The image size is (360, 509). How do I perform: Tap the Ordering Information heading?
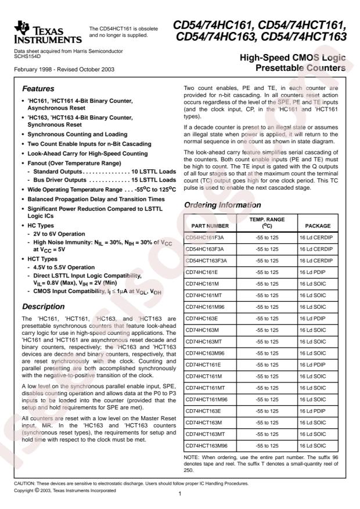[219, 205]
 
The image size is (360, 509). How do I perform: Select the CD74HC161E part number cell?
[201, 271]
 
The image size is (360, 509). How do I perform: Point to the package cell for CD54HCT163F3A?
[318, 260]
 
